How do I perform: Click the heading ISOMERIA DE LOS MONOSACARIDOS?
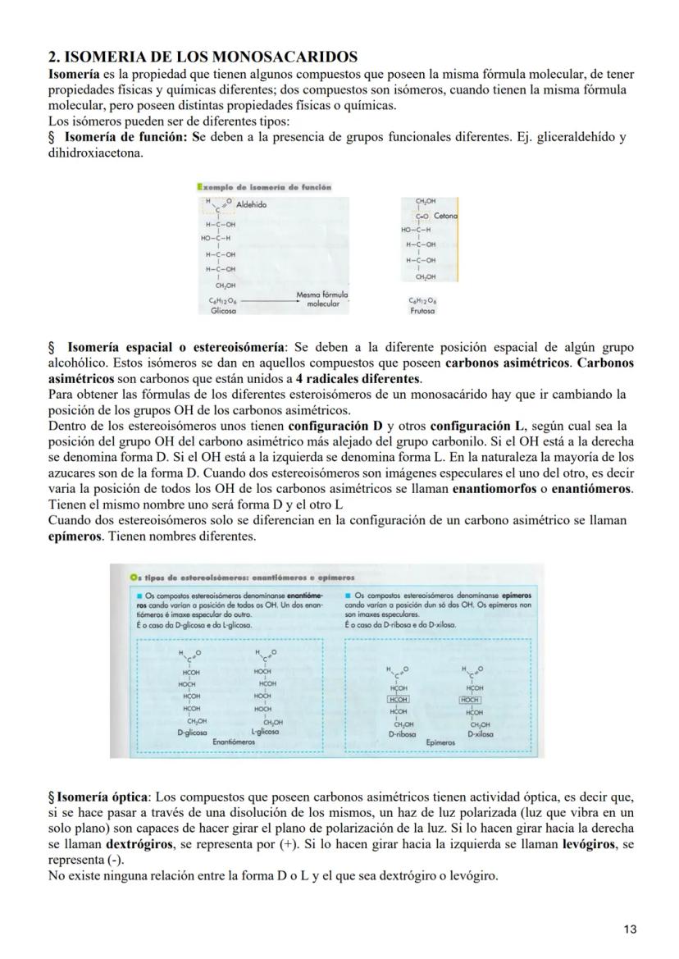point(203,57)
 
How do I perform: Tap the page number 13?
point(629,929)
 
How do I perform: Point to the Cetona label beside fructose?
point(445,216)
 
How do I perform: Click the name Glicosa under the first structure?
point(223,312)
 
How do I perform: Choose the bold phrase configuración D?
point(330,426)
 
